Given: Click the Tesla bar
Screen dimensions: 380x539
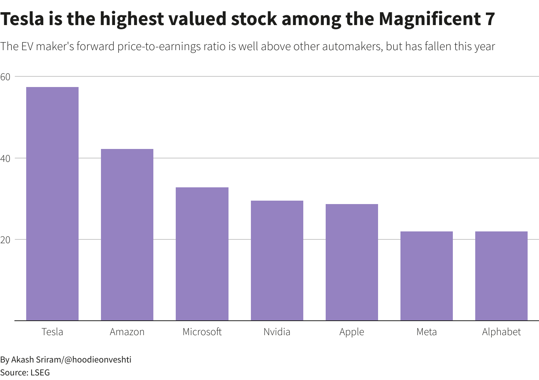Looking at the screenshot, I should click(x=52, y=204).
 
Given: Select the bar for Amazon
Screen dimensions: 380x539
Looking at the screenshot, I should click(x=127, y=235).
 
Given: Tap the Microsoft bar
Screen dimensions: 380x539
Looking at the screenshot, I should click(x=202, y=254).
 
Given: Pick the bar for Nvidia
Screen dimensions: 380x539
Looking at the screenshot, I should click(x=277, y=261).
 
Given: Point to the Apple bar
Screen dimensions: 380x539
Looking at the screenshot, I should click(x=352, y=262).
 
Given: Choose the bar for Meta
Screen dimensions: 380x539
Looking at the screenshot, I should click(x=427, y=276).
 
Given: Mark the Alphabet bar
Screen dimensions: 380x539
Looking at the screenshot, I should click(x=501, y=276).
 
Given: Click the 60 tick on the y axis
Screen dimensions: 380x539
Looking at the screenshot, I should click(x=5, y=77).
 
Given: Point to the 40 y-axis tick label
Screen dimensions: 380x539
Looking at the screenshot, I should click(x=5, y=158).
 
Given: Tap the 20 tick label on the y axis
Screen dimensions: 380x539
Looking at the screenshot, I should click(x=5, y=240).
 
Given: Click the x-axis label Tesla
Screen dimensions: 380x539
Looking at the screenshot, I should click(x=52, y=332).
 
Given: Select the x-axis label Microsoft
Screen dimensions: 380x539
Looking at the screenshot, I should click(x=202, y=332).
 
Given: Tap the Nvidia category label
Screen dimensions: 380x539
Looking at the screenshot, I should click(x=277, y=332).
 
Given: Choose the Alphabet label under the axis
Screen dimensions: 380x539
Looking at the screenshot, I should click(x=501, y=332).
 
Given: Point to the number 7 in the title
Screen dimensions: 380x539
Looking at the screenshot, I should click(x=490, y=19).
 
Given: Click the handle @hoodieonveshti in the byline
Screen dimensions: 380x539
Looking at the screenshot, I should click(x=98, y=359).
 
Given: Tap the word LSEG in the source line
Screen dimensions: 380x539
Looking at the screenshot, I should click(x=40, y=372).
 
